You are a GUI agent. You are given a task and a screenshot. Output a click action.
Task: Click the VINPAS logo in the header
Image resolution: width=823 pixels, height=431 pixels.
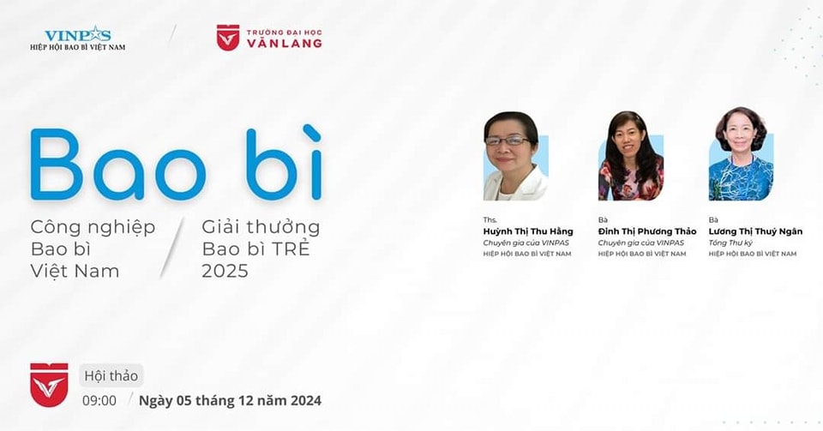78,39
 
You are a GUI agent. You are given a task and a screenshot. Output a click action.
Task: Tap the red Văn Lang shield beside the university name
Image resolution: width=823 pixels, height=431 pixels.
228,38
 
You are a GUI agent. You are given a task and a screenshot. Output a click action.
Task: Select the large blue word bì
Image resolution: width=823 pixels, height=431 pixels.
284,163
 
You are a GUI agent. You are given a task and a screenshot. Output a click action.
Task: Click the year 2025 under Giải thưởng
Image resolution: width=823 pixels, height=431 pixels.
225,271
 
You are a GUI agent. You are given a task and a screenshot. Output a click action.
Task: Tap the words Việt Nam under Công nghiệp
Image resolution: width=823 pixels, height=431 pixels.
75,271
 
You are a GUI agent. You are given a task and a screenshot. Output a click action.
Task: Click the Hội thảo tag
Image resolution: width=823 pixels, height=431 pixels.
111,376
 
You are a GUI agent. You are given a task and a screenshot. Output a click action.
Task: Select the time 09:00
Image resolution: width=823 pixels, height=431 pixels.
99,401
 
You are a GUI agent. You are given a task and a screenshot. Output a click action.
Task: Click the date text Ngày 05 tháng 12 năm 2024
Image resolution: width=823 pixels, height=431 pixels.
230,401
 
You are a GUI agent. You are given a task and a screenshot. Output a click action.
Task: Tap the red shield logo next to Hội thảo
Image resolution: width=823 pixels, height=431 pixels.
49,385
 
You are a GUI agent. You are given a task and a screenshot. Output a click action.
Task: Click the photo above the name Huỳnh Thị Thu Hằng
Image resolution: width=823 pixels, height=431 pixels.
515,156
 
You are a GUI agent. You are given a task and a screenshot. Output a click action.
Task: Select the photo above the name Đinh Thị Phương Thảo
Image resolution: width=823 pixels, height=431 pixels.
630,156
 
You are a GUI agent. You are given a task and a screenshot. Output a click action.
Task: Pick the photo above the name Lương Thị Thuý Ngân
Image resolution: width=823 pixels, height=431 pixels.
741,154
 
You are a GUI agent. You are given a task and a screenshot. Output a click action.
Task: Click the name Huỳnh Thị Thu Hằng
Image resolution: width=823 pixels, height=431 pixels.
528,231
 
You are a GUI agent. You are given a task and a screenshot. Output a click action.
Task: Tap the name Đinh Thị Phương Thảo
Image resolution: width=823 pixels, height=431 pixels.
647,231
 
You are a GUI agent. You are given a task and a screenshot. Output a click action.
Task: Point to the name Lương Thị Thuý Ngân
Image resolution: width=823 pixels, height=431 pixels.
755,231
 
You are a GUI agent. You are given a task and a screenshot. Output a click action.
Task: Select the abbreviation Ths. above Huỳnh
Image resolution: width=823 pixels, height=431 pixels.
490,219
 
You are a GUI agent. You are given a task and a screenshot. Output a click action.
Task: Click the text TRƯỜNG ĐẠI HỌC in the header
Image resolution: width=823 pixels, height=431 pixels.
284,33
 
